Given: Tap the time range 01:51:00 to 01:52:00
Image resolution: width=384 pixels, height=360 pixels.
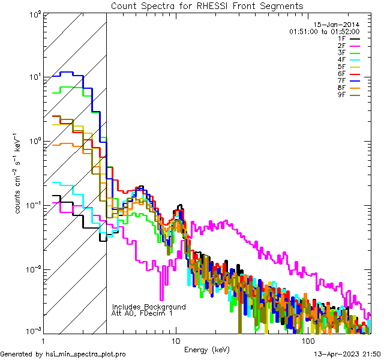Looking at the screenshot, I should pos(324,31).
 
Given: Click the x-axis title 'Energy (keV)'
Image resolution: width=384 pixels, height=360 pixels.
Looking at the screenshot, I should pos(207,349).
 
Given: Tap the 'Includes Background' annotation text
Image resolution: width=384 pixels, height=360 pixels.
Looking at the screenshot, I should pos(149,307).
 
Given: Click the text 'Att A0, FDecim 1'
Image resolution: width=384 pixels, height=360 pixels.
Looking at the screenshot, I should pos(142,313).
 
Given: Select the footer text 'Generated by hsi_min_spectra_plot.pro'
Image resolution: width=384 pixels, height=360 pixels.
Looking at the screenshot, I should pos(63,355).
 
